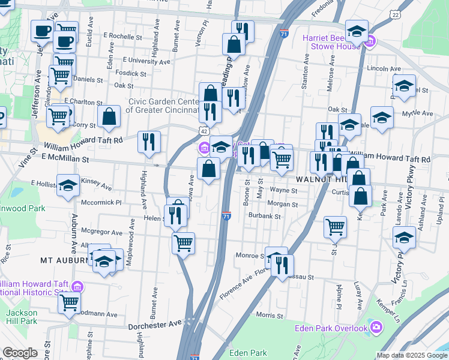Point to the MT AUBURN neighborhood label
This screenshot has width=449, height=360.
(63, 261)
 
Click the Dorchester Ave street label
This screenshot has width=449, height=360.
(155, 325)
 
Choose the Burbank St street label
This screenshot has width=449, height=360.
(265, 216)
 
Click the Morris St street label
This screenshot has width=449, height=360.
(269, 314)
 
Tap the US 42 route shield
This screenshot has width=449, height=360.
(205, 130)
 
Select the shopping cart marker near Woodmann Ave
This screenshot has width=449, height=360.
(69, 303)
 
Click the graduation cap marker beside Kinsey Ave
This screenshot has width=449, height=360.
(68, 185)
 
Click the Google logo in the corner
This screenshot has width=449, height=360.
(20, 353)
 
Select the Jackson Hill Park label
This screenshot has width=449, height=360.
(22, 317)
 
